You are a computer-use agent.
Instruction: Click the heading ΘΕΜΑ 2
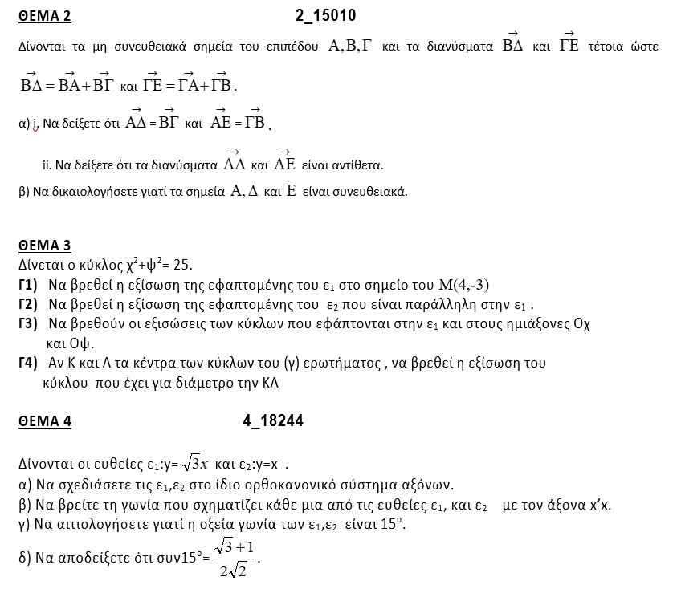(x=44, y=16)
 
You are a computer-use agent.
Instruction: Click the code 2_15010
(x=325, y=15)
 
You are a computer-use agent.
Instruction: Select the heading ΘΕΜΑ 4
(x=44, y=422)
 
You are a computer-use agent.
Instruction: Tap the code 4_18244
(x=271, y=421)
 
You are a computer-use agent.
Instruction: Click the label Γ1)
(x=28, y=285)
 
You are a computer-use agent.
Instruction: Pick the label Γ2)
(x=28, y=305)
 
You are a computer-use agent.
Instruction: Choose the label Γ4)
(x=28, y=364)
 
